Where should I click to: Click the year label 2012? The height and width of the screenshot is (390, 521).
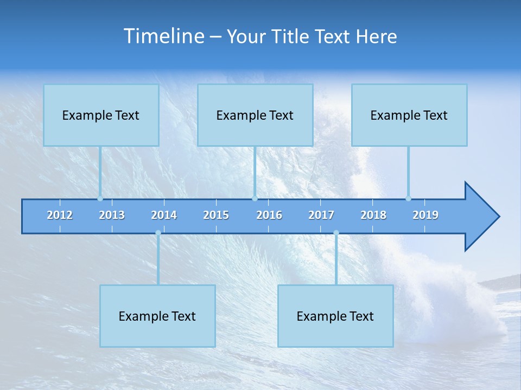(x=60, y=215)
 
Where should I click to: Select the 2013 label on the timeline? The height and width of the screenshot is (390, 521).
(x=112, y=215)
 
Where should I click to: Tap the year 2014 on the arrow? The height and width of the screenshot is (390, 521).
(x=164, y=215)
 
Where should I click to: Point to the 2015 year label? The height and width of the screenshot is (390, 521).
(x=216, y=215)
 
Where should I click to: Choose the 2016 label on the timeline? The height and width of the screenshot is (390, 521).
(x=269, y=215)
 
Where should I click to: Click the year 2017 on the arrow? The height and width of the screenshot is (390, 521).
(x=321, y=215)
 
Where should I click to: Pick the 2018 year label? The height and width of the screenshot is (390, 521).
(x=373, y=215)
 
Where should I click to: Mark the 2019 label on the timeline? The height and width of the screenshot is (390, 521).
(x=425, y=215)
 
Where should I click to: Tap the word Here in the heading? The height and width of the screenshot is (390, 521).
(x=377, y=37)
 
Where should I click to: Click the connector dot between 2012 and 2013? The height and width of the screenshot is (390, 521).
(x=100, y=198)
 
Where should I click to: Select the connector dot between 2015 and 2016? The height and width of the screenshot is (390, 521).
(x=255, y=198)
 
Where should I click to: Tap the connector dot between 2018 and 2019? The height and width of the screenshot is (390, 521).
(x=408, y=198)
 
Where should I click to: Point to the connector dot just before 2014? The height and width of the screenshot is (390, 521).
(x=158, y=233)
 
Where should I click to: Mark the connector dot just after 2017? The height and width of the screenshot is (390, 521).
(x=336, y=233)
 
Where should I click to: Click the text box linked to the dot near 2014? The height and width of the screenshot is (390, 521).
(x=157, y=316)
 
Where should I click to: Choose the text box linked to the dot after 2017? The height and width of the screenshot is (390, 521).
(x=335, y=316)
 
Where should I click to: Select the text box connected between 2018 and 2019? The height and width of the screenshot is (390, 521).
(x=409, y=115)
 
